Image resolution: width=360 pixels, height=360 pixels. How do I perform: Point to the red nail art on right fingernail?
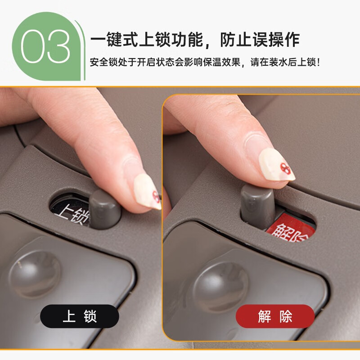285,168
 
